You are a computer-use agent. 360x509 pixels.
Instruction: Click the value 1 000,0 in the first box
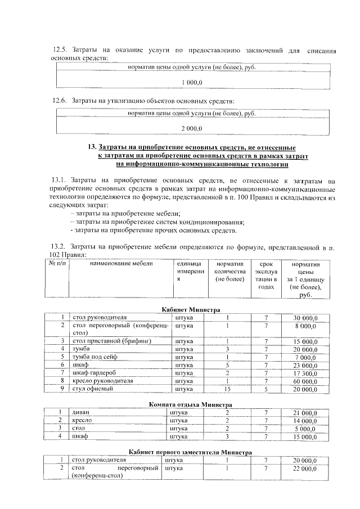coord(192,83)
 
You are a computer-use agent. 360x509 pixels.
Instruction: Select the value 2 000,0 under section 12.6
coord(192,129)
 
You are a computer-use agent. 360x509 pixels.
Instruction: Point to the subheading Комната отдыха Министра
coord(191,404)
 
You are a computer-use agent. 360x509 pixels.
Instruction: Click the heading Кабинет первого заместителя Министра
coord(191,452)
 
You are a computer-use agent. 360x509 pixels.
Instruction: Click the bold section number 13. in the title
coord(93,146)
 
